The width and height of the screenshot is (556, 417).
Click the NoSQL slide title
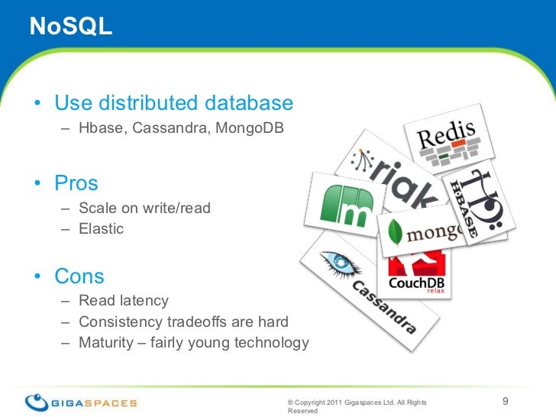(x=70, y=27)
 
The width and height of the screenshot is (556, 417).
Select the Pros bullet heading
(x=76, y=183)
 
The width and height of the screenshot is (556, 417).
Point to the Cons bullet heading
(x=79, y=276)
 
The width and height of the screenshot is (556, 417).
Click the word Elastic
(x=101, y=228)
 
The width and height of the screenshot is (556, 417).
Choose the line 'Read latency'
(x=123, y=301)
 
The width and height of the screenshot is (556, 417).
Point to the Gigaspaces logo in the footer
(x=79, y=402)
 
